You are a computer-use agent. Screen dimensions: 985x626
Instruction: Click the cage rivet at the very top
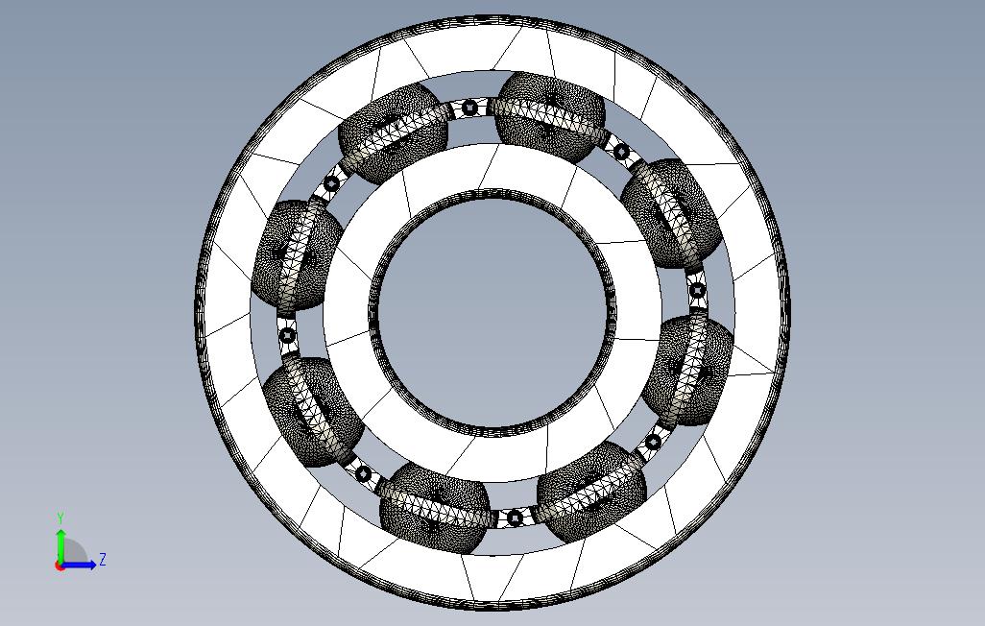tap(469, 108)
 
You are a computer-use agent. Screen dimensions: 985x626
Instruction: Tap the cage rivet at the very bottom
tap(515, 518)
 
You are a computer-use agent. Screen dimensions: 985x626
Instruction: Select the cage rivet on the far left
tap(287, 335)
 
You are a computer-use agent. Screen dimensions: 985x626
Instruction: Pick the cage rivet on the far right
tap(697, 290)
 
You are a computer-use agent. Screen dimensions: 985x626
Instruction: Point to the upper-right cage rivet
tap(621, 152)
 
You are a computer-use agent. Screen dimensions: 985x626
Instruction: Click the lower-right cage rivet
tap(654, 442)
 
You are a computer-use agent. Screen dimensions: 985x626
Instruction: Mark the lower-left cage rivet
tap(363, 474)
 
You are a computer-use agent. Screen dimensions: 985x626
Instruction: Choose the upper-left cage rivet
tap(331, 184)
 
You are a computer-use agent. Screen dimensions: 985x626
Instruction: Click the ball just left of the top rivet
tap(394, 133)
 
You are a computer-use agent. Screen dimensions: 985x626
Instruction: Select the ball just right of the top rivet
tap(550, 117)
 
